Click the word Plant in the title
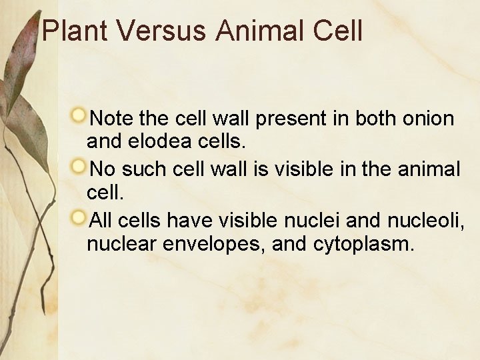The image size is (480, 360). pyautogui.click(x=74, y=31)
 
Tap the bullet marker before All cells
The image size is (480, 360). pyautogui.click(x=79, y=217)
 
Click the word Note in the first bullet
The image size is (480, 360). pyautogui.click(x=112, y=119)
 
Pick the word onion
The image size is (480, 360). pyautogui.click(x=429, y=119)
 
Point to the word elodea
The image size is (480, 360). pyautogui.click(x=159, y=142)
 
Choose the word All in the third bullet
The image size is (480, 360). pyautogui.click(x=101, y=219)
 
